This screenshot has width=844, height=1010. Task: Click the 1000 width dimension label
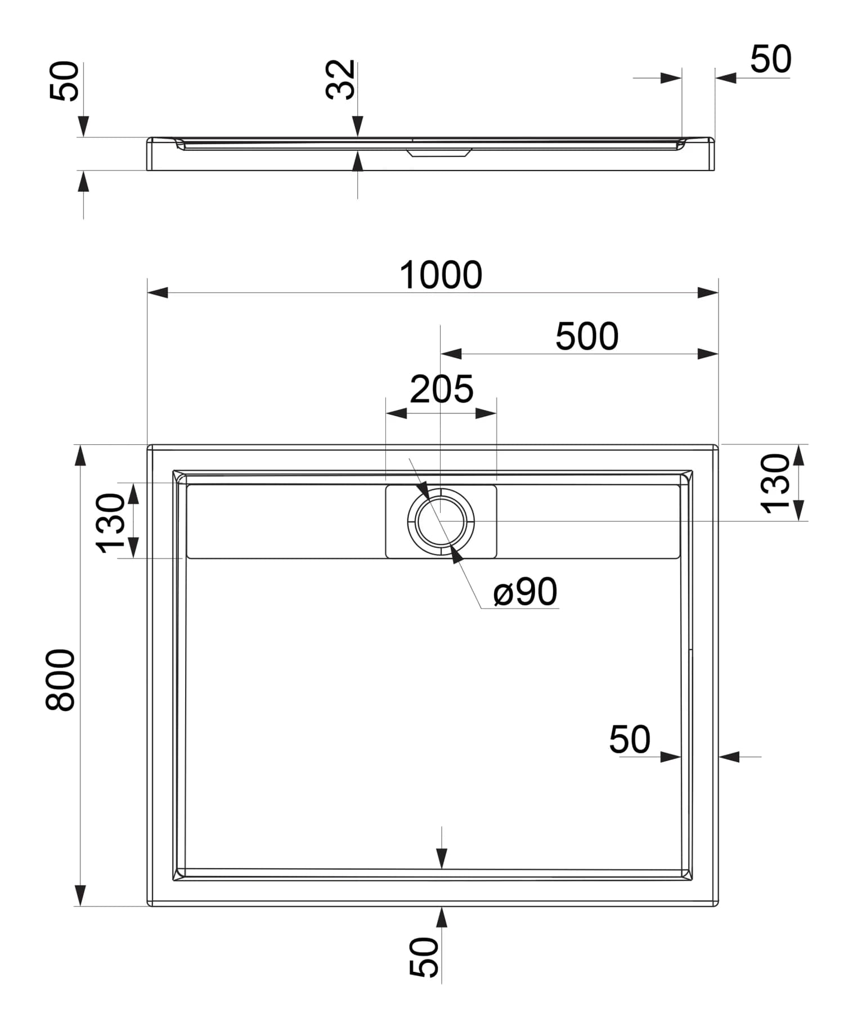[x=441, y=275]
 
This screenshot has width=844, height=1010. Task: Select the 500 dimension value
[x=587, y=336]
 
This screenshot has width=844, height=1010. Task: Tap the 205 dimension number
[x=442, y=389]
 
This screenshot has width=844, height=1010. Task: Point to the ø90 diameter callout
[x=525, y=592]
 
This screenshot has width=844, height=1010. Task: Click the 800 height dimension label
[x=60, y=680]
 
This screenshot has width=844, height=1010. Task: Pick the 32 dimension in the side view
[x=341, y=79]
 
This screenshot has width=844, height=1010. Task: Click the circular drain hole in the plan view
[x=441, y=521]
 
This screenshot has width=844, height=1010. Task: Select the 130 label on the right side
[x=775, y=484]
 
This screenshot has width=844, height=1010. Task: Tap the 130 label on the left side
[x=110, y=523]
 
